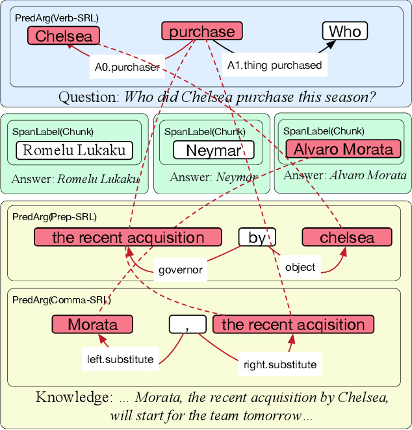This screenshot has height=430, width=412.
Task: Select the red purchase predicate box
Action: pyautogui.click(x=201, y=31)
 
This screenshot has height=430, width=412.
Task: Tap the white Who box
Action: pyautogui.click(x=344, y=31)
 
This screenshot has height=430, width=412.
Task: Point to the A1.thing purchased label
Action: pyautogui.click(x=274, y=64)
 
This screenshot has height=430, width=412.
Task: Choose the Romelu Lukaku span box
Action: pyautogui.click(x=74, y=151)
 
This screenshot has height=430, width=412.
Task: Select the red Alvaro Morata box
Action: pyautogui.click(x=343, y=149)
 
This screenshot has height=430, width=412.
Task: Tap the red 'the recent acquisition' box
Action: pyautogui.click(x=128, y=237)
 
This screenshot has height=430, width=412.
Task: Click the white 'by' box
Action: pyautogui.click(x=257, y=238)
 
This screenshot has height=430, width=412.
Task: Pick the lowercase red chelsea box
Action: pyautogui.click(x=347, y=238)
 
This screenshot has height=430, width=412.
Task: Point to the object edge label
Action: pyautogui.click(x=300, y=266)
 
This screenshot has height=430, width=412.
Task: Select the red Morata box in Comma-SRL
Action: pyautogui.click(x=92, y=324)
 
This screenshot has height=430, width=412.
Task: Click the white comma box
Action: pyautogui.click(x=187, y=324)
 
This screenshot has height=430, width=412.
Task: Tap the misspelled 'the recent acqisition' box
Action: pyautogui.click(x=293, y=324)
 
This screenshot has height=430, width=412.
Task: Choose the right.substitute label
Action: pyautogui.click(x=279, y=364)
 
